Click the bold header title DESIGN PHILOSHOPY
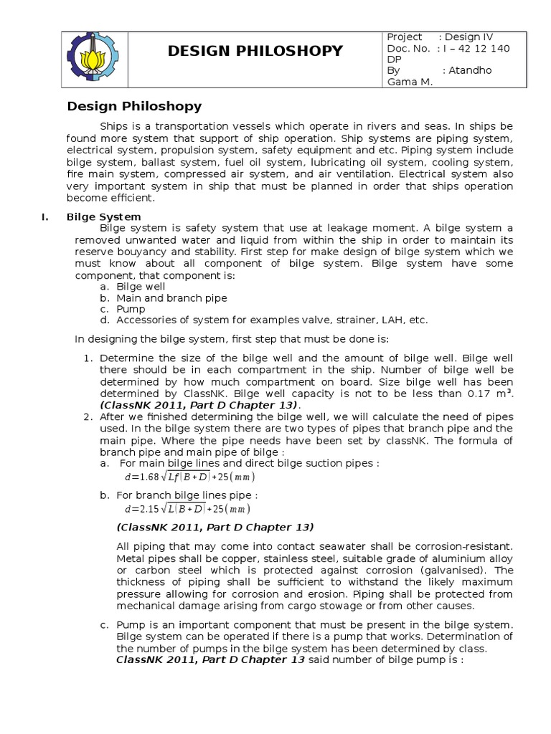pos(255,50)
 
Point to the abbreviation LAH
pos(388,320)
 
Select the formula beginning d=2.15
pos(187,510)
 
